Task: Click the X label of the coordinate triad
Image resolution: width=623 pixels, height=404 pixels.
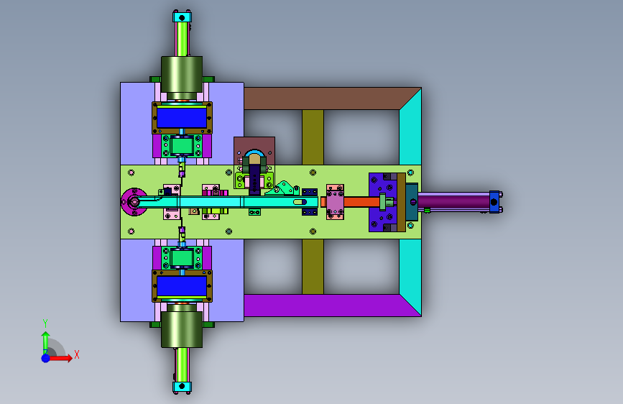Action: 77,354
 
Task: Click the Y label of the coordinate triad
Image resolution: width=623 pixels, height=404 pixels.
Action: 45,323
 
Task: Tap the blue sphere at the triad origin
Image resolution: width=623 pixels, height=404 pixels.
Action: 46,358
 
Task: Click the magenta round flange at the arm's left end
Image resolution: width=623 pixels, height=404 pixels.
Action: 134,202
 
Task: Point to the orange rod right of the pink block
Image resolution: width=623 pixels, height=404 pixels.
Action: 361,202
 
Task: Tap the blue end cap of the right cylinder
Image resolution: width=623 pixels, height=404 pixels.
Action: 494,202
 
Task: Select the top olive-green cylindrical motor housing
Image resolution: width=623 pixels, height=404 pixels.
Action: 182,75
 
